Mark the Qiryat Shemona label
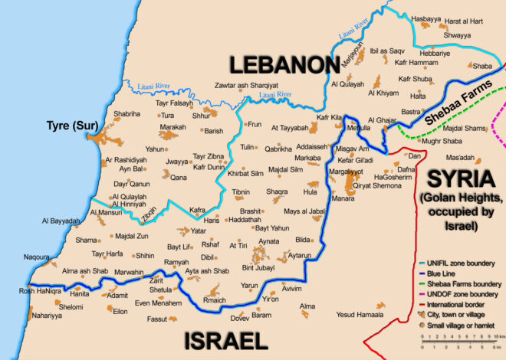[x=377, y=185]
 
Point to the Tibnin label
[x=241, y=191]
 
